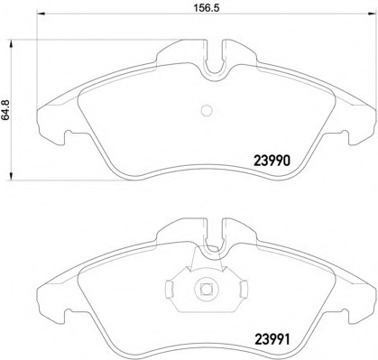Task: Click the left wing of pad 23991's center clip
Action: click(171, 289)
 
